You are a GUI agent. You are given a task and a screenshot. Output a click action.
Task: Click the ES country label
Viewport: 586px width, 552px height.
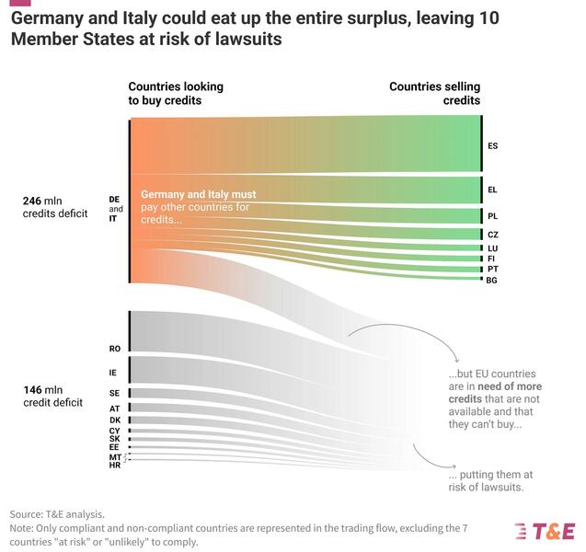click(x=493, y=145)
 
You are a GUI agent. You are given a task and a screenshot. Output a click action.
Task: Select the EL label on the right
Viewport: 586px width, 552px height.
click(x=493, y=190)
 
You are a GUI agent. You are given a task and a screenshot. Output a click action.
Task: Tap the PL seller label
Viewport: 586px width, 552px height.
click(x=493, y=216)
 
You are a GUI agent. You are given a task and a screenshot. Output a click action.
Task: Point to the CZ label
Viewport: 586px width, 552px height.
click(x=493, y=235)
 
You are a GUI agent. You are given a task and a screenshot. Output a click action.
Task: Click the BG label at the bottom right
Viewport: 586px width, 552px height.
click(x=492, y=280)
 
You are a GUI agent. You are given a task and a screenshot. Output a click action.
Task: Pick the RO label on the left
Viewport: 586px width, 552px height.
click(x=115, y=349)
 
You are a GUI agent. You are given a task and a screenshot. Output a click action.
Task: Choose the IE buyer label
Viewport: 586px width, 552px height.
click(x=115, y=374)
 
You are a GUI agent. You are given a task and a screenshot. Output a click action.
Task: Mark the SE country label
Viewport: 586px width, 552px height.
click(x=115, y=393)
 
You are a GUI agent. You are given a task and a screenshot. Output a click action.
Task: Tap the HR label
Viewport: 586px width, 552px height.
click(x=115, y=466)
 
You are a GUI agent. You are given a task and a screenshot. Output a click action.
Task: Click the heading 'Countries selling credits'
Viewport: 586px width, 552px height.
click(x=434, y=93)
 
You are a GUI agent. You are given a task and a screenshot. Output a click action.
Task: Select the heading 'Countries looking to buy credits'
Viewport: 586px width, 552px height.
click(x=176, y=93)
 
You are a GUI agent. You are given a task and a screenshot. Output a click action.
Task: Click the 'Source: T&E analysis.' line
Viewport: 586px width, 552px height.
click(x=57, y=513)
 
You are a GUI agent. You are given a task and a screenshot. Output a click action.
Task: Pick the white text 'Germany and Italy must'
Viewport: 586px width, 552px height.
click(x=198, y=195)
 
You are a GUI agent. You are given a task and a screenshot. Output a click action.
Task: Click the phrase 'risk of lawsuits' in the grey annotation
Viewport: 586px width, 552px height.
click(x=486, y=487)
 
